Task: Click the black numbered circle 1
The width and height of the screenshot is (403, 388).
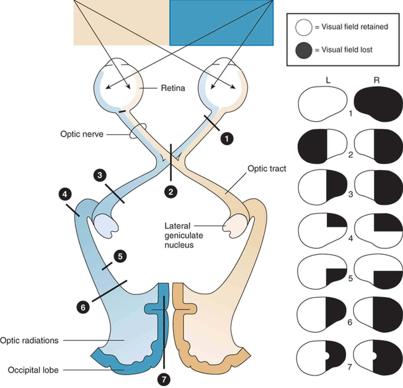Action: [x=227, y=138]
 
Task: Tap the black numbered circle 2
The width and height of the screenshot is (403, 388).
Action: [x=171, y=192]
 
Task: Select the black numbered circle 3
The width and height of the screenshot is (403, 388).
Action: [x=100, y=175]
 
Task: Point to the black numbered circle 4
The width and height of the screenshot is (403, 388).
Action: [x=65, y=194]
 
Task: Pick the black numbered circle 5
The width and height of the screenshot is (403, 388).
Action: [x=120, y=256]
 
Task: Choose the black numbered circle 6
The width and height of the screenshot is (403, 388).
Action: [x=83, y=307]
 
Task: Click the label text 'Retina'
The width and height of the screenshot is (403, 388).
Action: [x=173, y=88]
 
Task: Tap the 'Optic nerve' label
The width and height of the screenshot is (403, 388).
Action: [x=82, y=134]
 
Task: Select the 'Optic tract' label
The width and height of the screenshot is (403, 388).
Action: [x=267, y=169]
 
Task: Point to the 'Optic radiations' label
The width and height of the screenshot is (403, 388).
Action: [x=29, y=340]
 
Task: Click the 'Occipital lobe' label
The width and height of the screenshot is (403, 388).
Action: [x=33, y=370]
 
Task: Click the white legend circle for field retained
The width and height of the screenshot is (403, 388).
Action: [x=304, y=27]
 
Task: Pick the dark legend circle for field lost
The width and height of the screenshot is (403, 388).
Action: [x=304, y=50]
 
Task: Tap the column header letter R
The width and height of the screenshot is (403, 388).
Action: [x=377, y=80]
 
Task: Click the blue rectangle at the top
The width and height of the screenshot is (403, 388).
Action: [x=221, y=23]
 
